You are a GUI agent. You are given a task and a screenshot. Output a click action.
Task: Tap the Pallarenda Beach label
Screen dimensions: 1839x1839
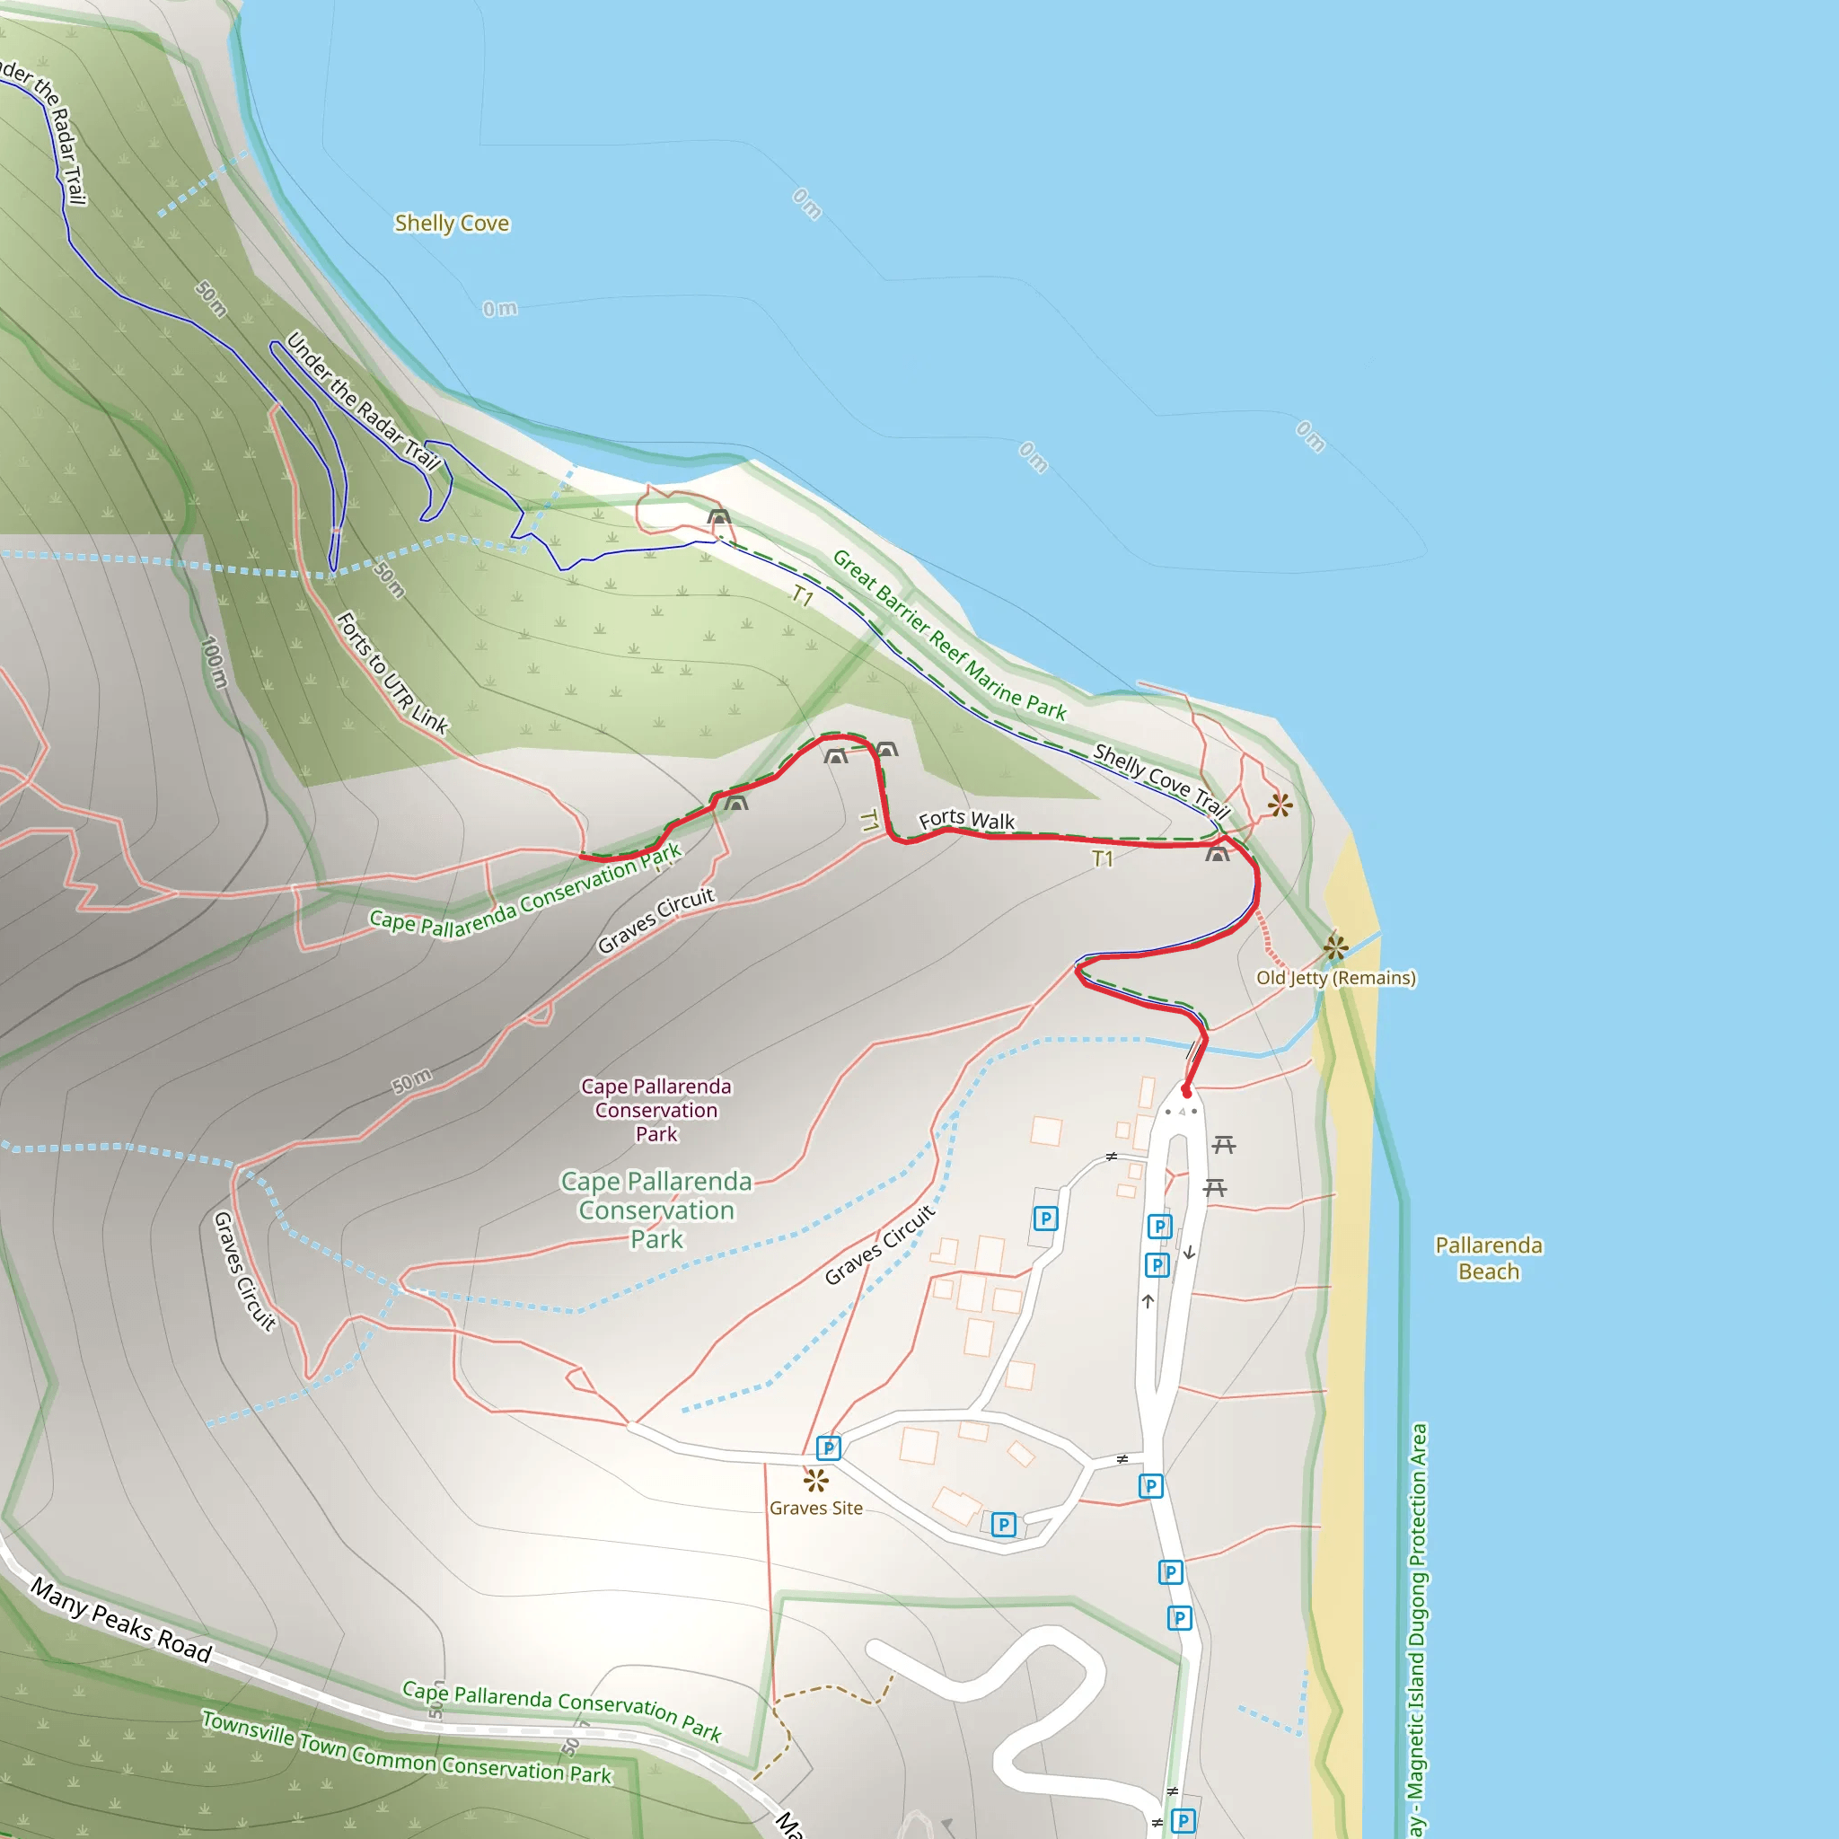coord(1489,1258)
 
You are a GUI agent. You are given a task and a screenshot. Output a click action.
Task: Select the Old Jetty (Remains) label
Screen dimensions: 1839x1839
coord(1335,979)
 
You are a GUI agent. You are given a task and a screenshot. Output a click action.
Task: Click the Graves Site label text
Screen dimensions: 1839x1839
coord(815,1509)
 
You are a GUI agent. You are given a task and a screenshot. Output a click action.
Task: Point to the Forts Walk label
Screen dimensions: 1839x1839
coord(966,820)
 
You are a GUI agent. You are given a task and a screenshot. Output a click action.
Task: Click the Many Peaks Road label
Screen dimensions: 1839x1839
coord(121,1619)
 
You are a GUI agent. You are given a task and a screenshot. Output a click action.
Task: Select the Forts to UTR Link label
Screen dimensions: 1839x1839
coord(392,673)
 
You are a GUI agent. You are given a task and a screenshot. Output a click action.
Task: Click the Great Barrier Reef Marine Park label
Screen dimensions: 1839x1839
coord(949,635)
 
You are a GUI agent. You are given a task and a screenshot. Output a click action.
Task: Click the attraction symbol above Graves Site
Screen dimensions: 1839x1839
coord(815,1481)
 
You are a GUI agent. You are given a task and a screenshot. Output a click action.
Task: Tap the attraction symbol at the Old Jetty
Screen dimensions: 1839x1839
coord(1335,948)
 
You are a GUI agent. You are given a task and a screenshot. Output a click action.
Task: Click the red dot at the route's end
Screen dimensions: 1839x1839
coord(1186,1092)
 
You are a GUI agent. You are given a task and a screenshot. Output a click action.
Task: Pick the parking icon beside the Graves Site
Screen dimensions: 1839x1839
coord(828,1448)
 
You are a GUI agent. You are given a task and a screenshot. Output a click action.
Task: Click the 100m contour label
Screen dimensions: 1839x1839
coord(216,662)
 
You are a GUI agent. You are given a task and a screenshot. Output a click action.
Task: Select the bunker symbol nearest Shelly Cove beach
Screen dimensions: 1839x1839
coord(718,518)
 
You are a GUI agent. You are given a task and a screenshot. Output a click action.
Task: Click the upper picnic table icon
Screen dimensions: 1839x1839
coord(1224,1144)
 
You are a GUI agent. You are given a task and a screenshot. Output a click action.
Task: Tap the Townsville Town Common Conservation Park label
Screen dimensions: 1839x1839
coord(407,1747)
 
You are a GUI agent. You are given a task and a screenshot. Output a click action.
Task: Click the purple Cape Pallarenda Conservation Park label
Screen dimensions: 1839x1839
coord(656,1110)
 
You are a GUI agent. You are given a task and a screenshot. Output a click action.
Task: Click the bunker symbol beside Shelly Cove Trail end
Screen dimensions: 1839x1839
coord(1218,854)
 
